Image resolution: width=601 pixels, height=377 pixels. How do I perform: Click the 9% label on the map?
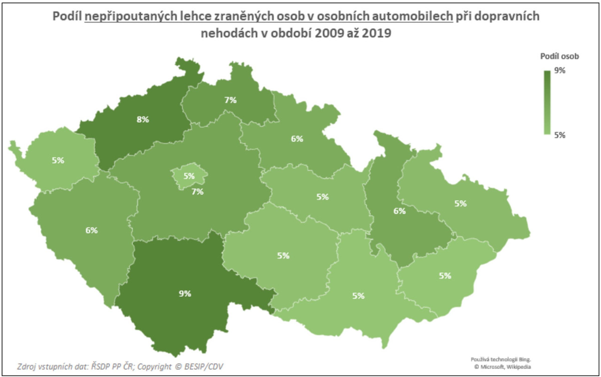point(185,293)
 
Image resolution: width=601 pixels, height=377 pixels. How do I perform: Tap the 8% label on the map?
point(143,119)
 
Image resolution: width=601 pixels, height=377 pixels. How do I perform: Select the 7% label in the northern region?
point(230,100)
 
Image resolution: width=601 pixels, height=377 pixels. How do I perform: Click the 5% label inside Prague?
point(189,176)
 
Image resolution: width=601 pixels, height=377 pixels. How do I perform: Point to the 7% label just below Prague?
point(198,192)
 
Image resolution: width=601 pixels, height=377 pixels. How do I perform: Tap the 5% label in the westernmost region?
point(58,160)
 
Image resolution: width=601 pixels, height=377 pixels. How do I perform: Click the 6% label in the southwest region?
point(92,230)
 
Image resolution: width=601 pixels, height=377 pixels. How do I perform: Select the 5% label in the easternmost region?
point(461,204)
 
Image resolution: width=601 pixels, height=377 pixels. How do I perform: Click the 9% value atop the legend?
point(560,70)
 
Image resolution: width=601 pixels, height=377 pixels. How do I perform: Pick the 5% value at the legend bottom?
point(560,135)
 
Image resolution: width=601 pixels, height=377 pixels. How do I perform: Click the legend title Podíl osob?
point(559,56)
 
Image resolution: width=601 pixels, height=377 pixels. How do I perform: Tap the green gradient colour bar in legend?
point(547,103)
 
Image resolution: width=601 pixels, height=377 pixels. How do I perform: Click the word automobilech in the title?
point(412,16)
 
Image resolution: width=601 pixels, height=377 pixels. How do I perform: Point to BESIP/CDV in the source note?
point(204,366)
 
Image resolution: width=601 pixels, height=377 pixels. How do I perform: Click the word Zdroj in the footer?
point(25,367)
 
